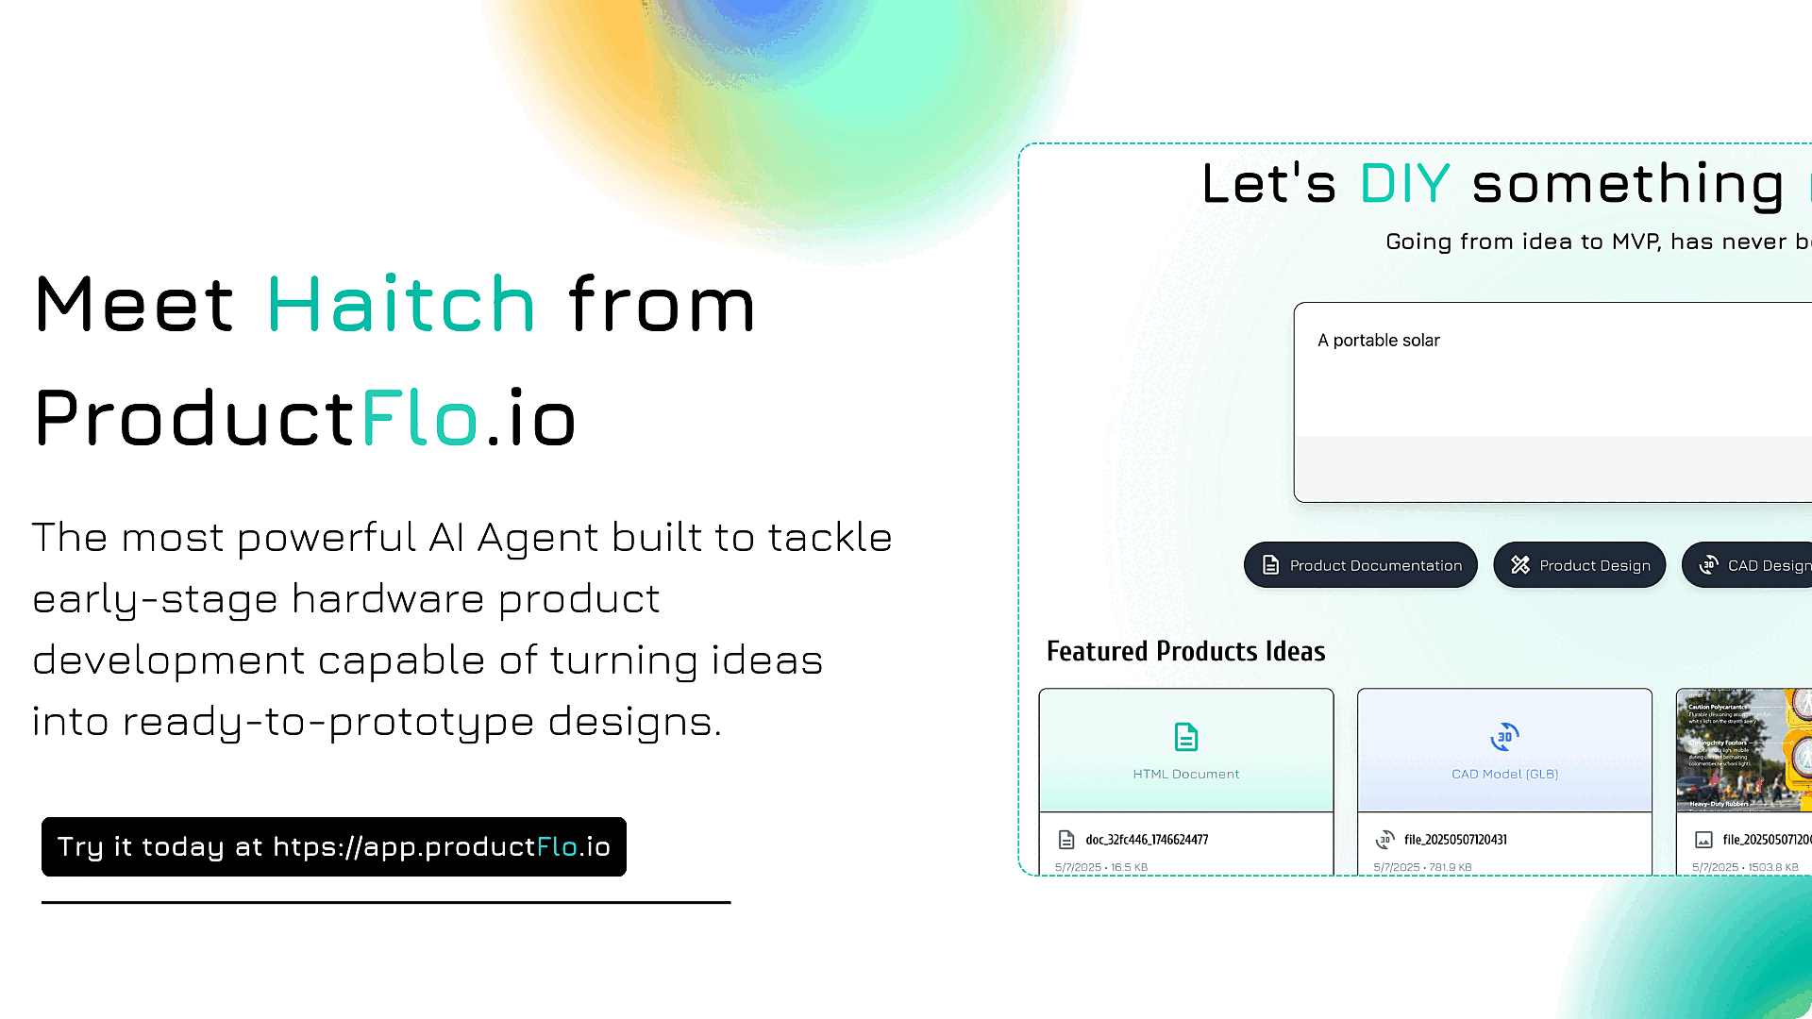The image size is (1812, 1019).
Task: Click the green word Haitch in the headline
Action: tap(401, 304)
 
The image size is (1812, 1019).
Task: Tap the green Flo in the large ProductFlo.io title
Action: tap(419, 418)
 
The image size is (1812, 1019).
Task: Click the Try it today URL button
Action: tap(334, 846)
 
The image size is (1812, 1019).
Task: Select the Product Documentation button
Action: tap(1360, 565)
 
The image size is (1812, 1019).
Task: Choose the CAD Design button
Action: tap(1751, 565)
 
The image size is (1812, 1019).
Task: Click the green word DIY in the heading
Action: tap(1404, 183)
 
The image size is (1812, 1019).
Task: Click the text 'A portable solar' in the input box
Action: tap(1378, 341)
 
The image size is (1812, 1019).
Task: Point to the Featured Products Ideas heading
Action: tap(1185, 651)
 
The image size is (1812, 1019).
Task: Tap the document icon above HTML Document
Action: tap(1186, 737)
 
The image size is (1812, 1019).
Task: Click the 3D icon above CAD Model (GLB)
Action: tap(1504, 737)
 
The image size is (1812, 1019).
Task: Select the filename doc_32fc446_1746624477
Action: tap(1146, 840)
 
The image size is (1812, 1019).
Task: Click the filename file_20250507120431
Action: tap(1454, 840)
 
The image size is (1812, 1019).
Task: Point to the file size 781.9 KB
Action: tap(1449, 867)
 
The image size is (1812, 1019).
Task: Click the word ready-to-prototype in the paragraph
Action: tap(328, 722)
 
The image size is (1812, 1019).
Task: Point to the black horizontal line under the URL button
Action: tap(386, 903)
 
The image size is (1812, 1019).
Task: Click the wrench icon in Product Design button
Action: tap(1519, 565)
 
